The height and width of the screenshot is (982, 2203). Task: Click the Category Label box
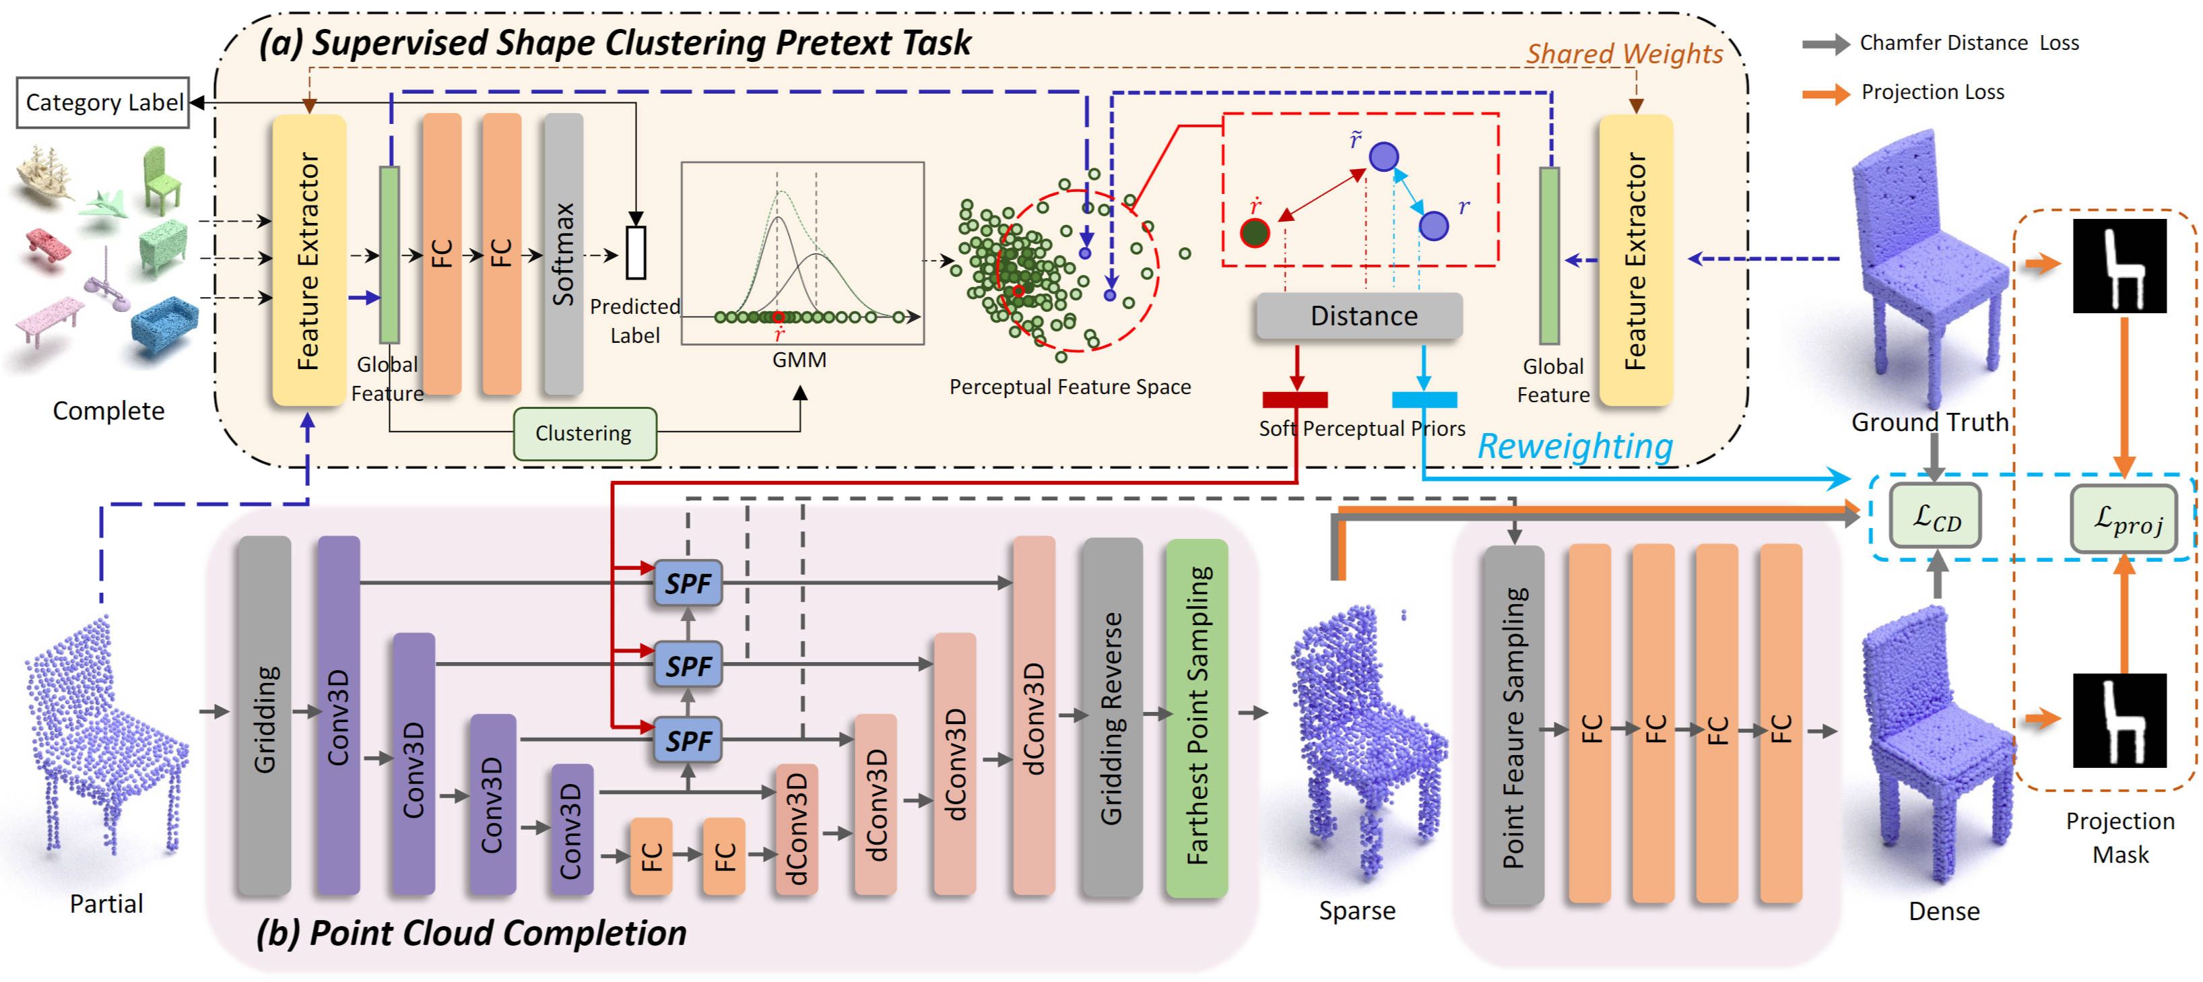tap(104, 102)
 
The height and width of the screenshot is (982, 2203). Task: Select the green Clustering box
tap(584, 434)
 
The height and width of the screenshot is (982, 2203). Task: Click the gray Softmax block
tap(563, 254)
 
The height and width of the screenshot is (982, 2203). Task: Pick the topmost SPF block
tap(688, 583)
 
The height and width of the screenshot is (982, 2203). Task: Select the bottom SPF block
tap(688, 740)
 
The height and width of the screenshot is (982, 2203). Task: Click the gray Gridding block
tap(264, 716)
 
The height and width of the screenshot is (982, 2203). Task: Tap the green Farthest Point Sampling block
tap(1197, 716)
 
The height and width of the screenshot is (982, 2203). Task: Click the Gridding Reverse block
tap(1112, 716)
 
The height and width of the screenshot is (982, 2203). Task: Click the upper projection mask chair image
tap(2120, 265)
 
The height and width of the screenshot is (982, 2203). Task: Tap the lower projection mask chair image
tap(2120, 719)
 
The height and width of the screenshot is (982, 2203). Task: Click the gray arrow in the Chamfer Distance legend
tap(1825, 44)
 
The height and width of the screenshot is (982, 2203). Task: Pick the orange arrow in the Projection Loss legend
tap(1825, 93)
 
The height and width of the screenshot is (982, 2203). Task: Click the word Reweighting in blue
tap(1575, 447)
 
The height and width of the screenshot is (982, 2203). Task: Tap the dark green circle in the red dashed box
tap(1255, 232)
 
